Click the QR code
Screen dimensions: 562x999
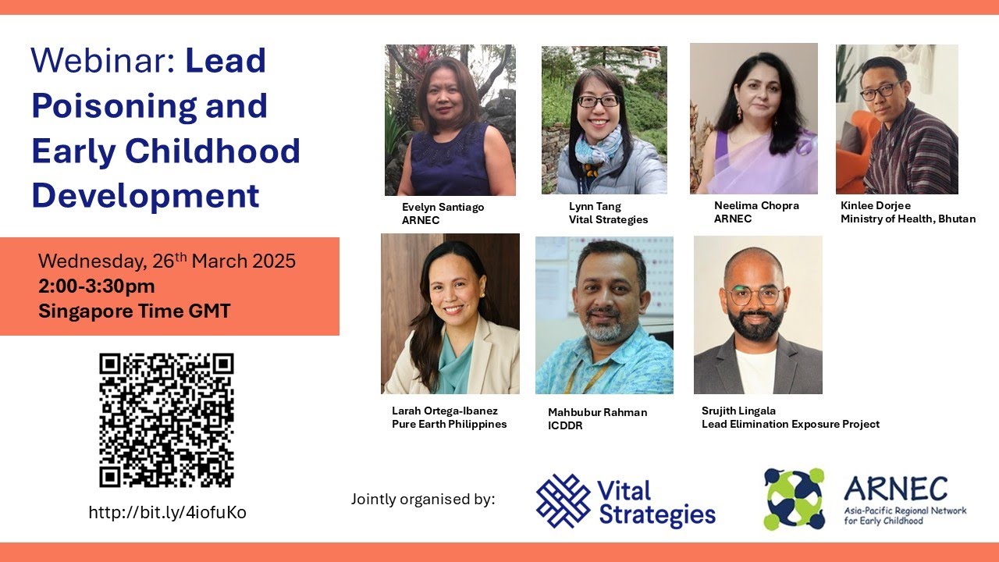(166, 420)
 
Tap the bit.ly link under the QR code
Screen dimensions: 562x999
(167, 513)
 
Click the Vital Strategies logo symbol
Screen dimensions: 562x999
(563, 501)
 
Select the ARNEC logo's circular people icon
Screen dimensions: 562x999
(794, 499)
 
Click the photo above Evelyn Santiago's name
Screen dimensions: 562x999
(450, 119)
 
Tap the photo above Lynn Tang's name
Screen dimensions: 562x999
(604, 119)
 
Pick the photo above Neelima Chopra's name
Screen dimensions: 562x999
(753, 118)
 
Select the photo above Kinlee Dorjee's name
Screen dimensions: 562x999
(897, 119)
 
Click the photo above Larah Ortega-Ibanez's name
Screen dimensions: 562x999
(450, 314)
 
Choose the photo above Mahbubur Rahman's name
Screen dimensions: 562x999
(604, 315)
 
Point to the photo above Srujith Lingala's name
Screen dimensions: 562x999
(758, 315)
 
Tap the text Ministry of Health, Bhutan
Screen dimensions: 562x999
(908, 219)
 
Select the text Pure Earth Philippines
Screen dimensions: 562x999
(449, 425)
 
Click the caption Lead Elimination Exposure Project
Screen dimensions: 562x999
(790, 425)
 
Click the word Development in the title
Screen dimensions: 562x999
(145, 194)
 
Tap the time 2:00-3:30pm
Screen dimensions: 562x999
(97, 286)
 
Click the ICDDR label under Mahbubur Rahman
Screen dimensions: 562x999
(565, 426)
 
